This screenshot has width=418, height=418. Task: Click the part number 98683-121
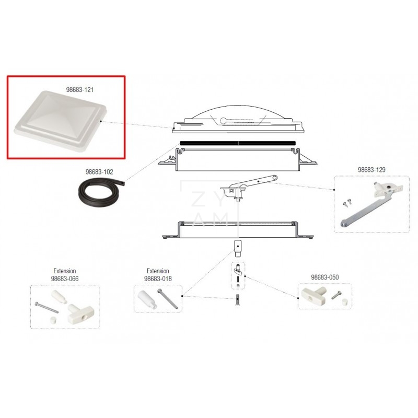(80, 89)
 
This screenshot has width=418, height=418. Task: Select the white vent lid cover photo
(60, 121)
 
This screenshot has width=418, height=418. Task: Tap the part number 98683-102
(99, 172)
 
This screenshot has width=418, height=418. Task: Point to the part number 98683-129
(371, 170)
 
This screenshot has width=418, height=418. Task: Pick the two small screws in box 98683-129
(347, 203)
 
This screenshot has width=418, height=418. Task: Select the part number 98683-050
(324, 277)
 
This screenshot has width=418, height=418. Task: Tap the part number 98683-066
(65, 279)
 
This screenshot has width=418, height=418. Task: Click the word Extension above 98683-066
(65, 271)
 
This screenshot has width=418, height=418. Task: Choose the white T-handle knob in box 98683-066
(76, 314)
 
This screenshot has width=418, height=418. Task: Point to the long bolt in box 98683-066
(47, 308)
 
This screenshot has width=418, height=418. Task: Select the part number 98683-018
(158, 279)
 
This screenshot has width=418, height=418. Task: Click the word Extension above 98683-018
(158, 271)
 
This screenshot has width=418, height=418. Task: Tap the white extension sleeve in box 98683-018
(147, 299)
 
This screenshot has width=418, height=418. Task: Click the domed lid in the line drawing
(238, 119)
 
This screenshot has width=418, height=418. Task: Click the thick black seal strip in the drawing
(238, 143)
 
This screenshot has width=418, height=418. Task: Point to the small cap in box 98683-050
(344, 302)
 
